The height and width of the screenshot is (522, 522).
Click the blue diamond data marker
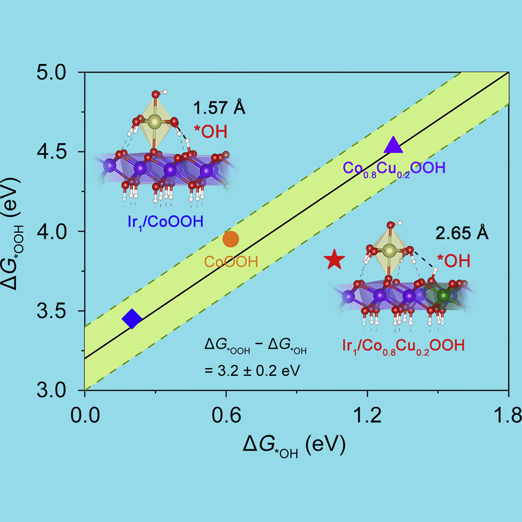click(x=132, y=319)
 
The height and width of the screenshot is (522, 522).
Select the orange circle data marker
click(x=231, y=239)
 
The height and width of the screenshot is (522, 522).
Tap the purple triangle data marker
click(x=394, y=145)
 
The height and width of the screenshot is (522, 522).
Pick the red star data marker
click(x=334, y=259)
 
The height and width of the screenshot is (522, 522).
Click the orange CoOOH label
click(x=231, y=262)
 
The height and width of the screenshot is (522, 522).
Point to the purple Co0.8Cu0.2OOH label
click(x=394, y=169)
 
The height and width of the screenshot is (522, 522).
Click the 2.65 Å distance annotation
click(x=462, y=233)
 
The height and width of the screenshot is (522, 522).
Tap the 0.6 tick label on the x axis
click(x=225, y=416)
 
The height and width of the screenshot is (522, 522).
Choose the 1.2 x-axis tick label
click(x=367, y=416)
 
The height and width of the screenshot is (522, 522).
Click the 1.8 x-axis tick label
click(x=507, y=416)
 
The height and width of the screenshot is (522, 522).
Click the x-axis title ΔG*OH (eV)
click(x=294, y=447)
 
